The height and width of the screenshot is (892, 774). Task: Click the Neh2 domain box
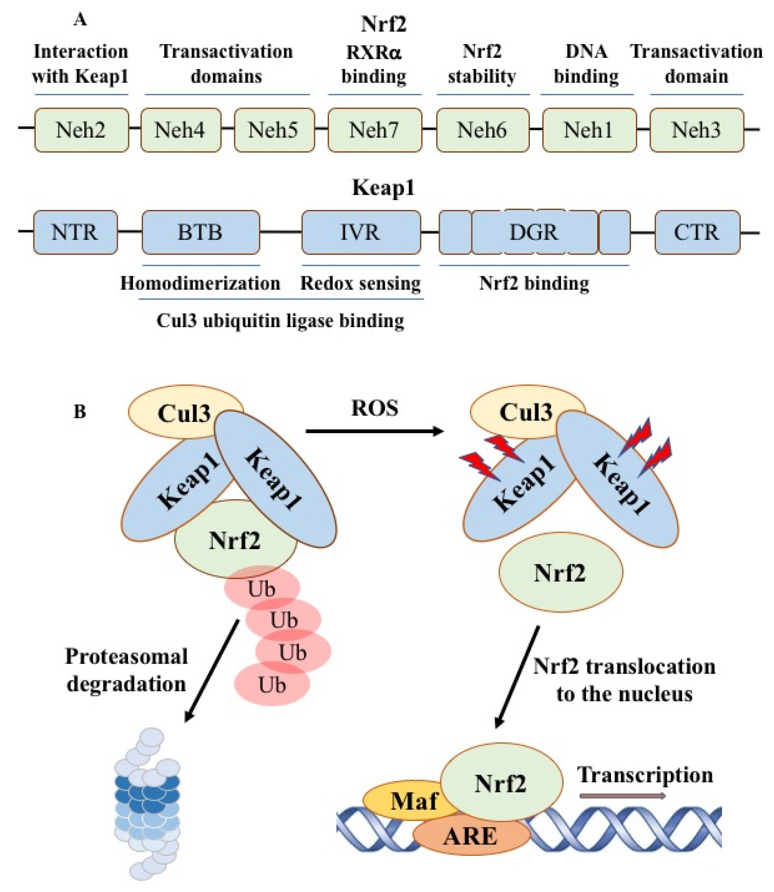(81, 130)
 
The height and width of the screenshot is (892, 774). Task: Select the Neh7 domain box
(374, 130)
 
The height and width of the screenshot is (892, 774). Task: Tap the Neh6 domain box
(482, 130)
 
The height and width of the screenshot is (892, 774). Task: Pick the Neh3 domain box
(696, 130)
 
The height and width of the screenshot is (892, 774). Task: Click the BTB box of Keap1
(200, 232)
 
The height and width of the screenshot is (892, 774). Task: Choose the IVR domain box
(361, 232)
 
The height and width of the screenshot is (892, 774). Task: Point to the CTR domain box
(697, 232)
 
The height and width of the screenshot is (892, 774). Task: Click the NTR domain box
(75, 232)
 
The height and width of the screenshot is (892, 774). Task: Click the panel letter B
(80, 411)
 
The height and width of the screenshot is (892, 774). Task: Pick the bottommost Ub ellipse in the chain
(272, 685)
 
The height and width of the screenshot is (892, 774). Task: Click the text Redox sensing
(360, 284)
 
